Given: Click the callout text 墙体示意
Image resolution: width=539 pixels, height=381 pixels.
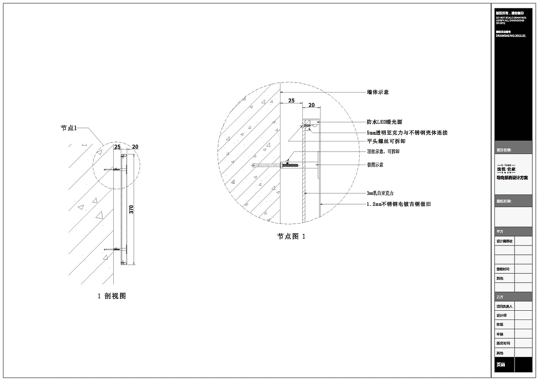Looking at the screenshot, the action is coord(378,92).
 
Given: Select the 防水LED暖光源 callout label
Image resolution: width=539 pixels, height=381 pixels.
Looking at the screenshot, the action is coord(384,122).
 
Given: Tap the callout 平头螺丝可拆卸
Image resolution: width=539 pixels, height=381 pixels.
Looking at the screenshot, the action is coord(386,141).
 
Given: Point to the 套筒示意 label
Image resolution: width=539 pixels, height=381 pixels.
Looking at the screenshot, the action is coord(375,165).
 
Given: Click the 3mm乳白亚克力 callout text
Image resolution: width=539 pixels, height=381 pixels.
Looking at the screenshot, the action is coord(380,193).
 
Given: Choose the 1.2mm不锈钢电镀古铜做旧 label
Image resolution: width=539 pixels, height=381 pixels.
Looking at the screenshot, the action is coord(399,204).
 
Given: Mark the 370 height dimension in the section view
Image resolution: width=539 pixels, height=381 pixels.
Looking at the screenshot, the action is coord(131,209).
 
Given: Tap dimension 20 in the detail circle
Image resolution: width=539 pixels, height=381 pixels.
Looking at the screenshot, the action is coord(312,105).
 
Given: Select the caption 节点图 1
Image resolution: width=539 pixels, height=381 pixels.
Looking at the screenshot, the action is coord(291,237).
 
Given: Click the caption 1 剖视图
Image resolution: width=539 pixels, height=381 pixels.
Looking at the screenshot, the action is coord(112,296).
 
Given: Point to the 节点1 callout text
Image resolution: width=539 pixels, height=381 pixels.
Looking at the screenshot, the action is coord(69,128).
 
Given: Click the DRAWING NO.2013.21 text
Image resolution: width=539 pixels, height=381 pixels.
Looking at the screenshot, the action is coord(510,36).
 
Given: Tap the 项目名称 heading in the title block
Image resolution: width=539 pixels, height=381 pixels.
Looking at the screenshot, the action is coord(504,150).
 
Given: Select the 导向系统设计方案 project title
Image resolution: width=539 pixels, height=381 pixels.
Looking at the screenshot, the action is coord(512,178).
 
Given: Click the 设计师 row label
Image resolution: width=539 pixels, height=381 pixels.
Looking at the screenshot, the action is coord(502,315).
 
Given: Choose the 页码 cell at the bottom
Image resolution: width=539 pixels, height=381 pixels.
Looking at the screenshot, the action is coord(500,365).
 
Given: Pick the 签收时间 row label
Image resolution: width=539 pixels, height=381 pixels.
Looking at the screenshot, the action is coord(503,269).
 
